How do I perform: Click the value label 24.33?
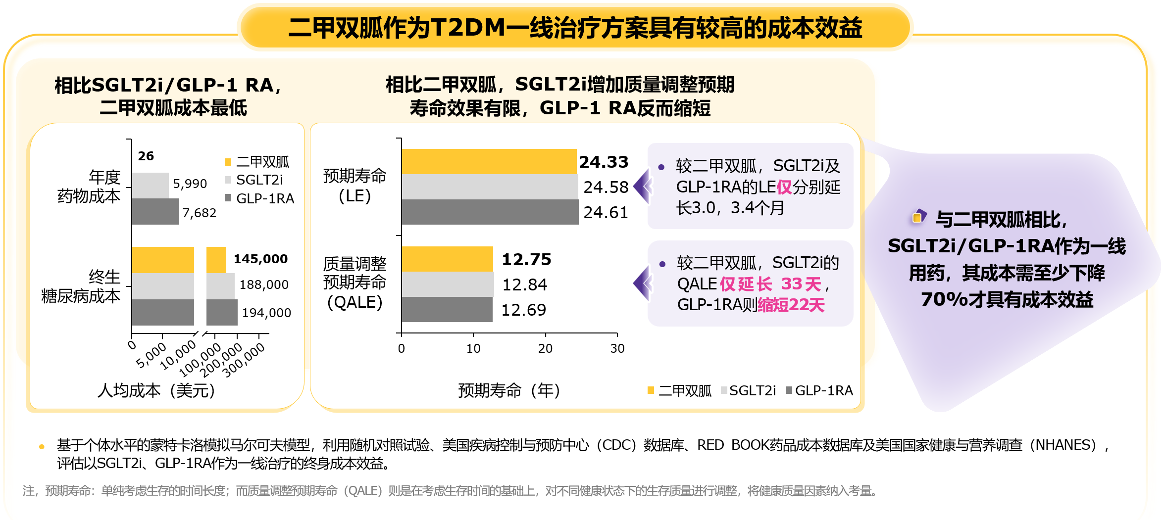pos(604,162)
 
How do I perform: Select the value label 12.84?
pos(524,285)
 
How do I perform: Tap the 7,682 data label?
pos(199,213)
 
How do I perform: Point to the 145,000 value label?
pos(260,259)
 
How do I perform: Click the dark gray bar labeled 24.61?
pos(490,212)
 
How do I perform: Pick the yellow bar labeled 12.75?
pos(447,259)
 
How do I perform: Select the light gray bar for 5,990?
pos(150,186)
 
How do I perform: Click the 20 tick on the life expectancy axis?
pos(545,349)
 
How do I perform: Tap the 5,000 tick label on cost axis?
pos(151,355)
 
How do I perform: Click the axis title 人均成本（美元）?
pos(156,391)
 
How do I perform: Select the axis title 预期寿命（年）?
pos(509,391)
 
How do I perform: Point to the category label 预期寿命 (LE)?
pos(355,186)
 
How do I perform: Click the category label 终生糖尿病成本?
pos(82,286)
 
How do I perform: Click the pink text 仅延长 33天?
pos(770,284)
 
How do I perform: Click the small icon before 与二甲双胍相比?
pos(918,217)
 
